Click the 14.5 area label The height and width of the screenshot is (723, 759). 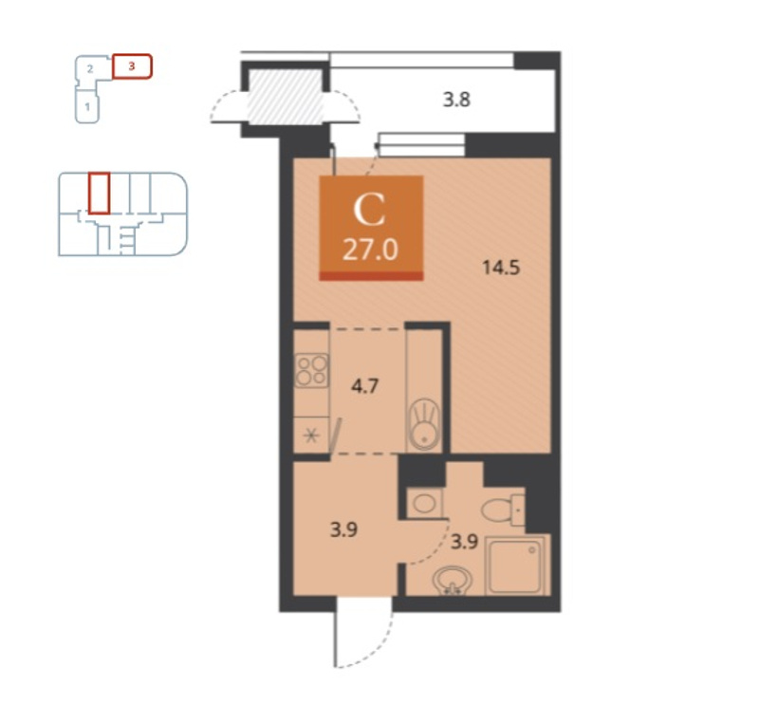coord(501,268)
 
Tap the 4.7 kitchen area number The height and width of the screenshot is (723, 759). coord(364,386)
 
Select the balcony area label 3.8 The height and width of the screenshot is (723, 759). coord(457,100)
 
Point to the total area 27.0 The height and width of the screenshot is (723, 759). coord(370,250)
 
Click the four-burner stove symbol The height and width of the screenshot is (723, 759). coord(312,371)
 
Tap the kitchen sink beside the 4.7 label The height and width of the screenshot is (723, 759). coord(424,423)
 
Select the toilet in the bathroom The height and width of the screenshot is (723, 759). coord(503,510)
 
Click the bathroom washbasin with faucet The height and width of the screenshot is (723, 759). coord(453,581)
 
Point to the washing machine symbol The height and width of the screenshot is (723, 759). coord(424,503)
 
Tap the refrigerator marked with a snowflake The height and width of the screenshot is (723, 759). coord(311,436)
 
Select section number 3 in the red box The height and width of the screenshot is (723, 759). coord(132,65)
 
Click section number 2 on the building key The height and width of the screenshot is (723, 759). coord(90,68)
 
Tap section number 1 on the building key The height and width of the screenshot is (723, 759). coord(87,106)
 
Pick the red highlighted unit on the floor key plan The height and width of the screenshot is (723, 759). coord(100,193)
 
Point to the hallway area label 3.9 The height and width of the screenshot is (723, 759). coord(343,529)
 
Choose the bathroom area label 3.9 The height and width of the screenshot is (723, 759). coord(465,542)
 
